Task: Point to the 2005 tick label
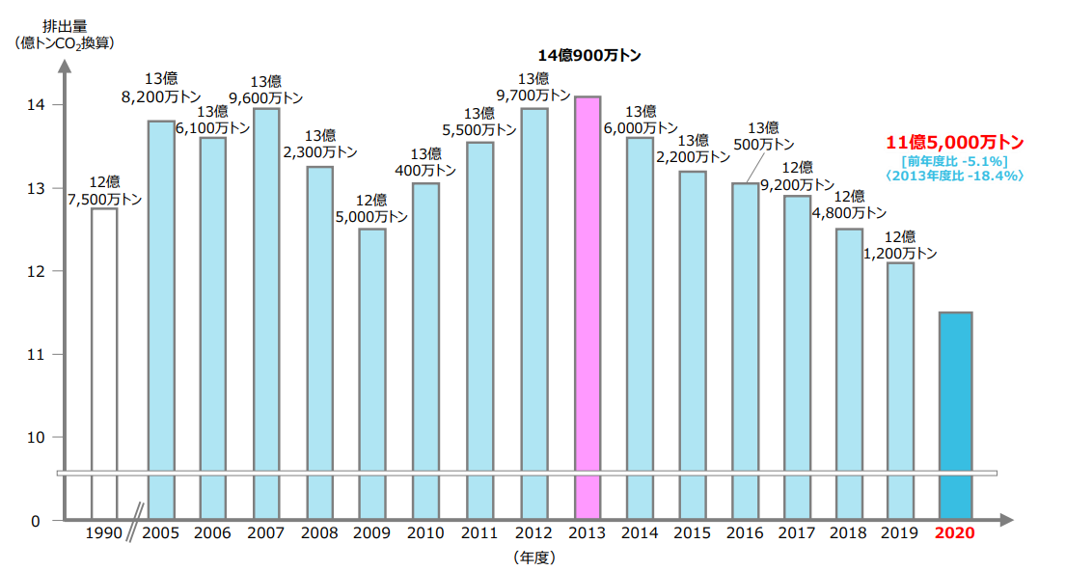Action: (x=160, y=533)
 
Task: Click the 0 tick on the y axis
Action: (x=36, y=522)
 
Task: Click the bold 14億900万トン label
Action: (x=588, y=56)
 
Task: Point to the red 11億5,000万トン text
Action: (x=954, y=143)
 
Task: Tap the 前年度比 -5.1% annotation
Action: (x=954, y=161)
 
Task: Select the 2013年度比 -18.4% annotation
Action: (x=954, y=176)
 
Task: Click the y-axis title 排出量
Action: (x=63, y=26)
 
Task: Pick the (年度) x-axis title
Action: (x=534, y=557)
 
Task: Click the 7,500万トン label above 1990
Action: (x=104, y=200)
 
